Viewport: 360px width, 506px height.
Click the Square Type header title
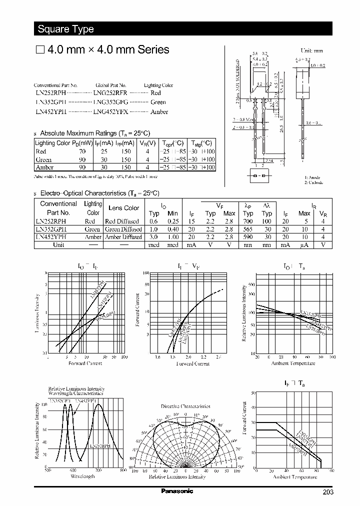65,29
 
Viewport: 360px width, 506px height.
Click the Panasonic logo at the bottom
177,491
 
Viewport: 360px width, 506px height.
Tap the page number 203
327,492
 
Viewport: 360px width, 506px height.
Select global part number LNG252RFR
110,93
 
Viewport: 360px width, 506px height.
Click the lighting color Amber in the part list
159,112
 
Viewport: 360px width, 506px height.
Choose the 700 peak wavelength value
248,221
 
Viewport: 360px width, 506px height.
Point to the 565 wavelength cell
248,229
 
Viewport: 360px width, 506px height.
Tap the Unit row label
58,245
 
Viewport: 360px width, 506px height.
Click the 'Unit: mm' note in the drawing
311,50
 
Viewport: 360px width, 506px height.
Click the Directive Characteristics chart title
185,406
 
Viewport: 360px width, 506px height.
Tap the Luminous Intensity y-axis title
38,312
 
